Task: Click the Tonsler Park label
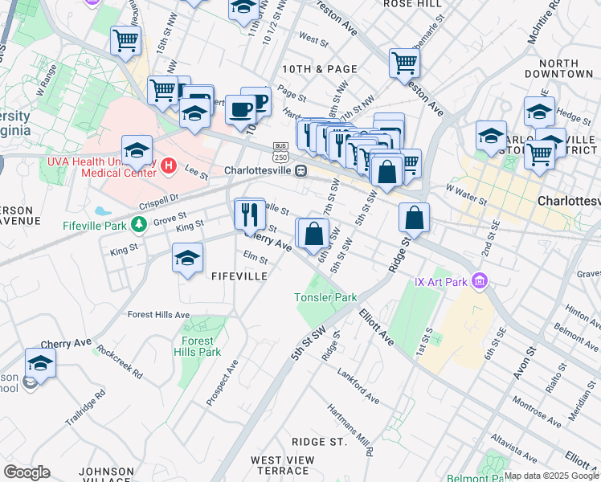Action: (x=325, y=297)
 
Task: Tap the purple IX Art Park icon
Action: (x=480, y=281)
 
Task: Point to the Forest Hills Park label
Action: (x=197, y=346)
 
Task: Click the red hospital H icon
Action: (x=169, y=166)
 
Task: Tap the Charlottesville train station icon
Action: (x=300, y=170)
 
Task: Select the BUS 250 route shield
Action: (x=280, y=152)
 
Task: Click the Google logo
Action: (x=27, y=472)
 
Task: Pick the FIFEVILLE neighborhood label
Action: (x=239, y=276)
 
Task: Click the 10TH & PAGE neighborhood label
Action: (x=320, y=69)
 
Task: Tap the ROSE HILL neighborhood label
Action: (x=412, y=4)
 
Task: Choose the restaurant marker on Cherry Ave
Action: (x=250, y=213)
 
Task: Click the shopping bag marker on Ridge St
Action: (x=414, y=217)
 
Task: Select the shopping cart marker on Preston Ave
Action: (x=405, y=63)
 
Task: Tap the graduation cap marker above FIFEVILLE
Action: (x=188, y=258)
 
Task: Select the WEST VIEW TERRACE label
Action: (x=282, y=465)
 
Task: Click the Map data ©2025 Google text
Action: (x=551, y=476)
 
